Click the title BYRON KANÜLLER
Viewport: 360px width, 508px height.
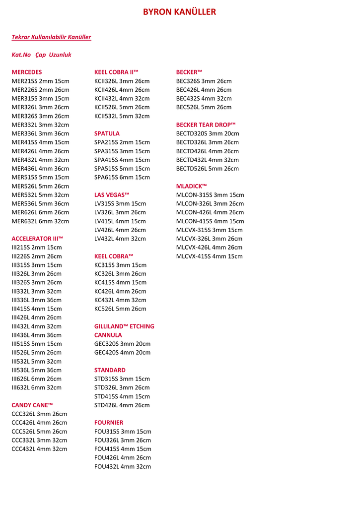[179, 12]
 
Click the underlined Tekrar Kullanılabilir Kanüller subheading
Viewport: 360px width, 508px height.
[51, 37]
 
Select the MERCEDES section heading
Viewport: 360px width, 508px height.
[27, 72]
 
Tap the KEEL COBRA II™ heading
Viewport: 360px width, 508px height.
[116, 72]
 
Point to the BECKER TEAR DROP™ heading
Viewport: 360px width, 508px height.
[206, 125]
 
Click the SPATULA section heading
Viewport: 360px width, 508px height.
[107, 133]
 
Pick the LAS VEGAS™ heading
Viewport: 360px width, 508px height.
[112, 194]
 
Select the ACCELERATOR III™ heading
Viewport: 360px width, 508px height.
[37, 238]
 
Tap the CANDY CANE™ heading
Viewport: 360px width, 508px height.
[32, 405]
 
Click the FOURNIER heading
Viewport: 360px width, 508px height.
[109, 423]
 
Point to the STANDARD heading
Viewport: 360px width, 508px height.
[110, 370]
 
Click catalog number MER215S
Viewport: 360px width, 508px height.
[24, 81]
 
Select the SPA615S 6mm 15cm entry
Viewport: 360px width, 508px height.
[122, 177]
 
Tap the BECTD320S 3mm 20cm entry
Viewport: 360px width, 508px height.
[208, 133]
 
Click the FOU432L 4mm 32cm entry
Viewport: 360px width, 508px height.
[122, 466]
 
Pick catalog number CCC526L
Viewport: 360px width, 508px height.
[23, 431]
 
